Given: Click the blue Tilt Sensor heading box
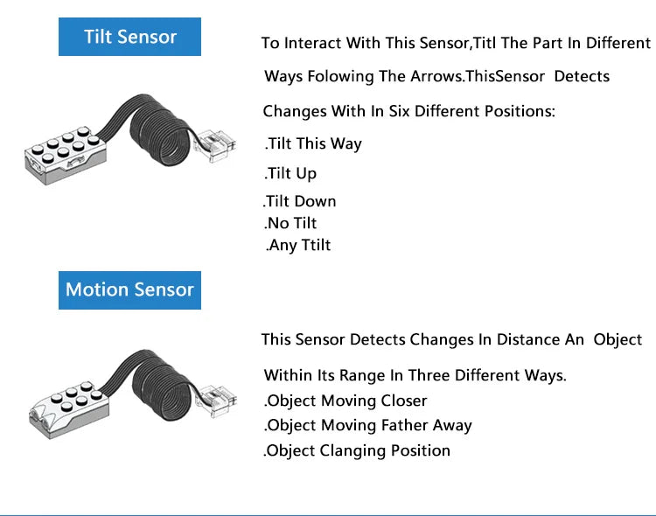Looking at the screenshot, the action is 129,37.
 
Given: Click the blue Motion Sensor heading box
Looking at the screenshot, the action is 129,290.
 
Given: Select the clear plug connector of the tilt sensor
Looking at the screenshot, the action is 215,146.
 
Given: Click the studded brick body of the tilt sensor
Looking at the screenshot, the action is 66,155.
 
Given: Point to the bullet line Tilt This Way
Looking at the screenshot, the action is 313,144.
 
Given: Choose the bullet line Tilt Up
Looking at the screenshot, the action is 290,174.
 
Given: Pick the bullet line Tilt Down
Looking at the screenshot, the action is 299,201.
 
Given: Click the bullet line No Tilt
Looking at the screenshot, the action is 290,224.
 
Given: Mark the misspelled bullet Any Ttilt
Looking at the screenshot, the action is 298,245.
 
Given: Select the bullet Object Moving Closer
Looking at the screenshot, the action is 345,401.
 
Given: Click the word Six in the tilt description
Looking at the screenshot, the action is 399,111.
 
